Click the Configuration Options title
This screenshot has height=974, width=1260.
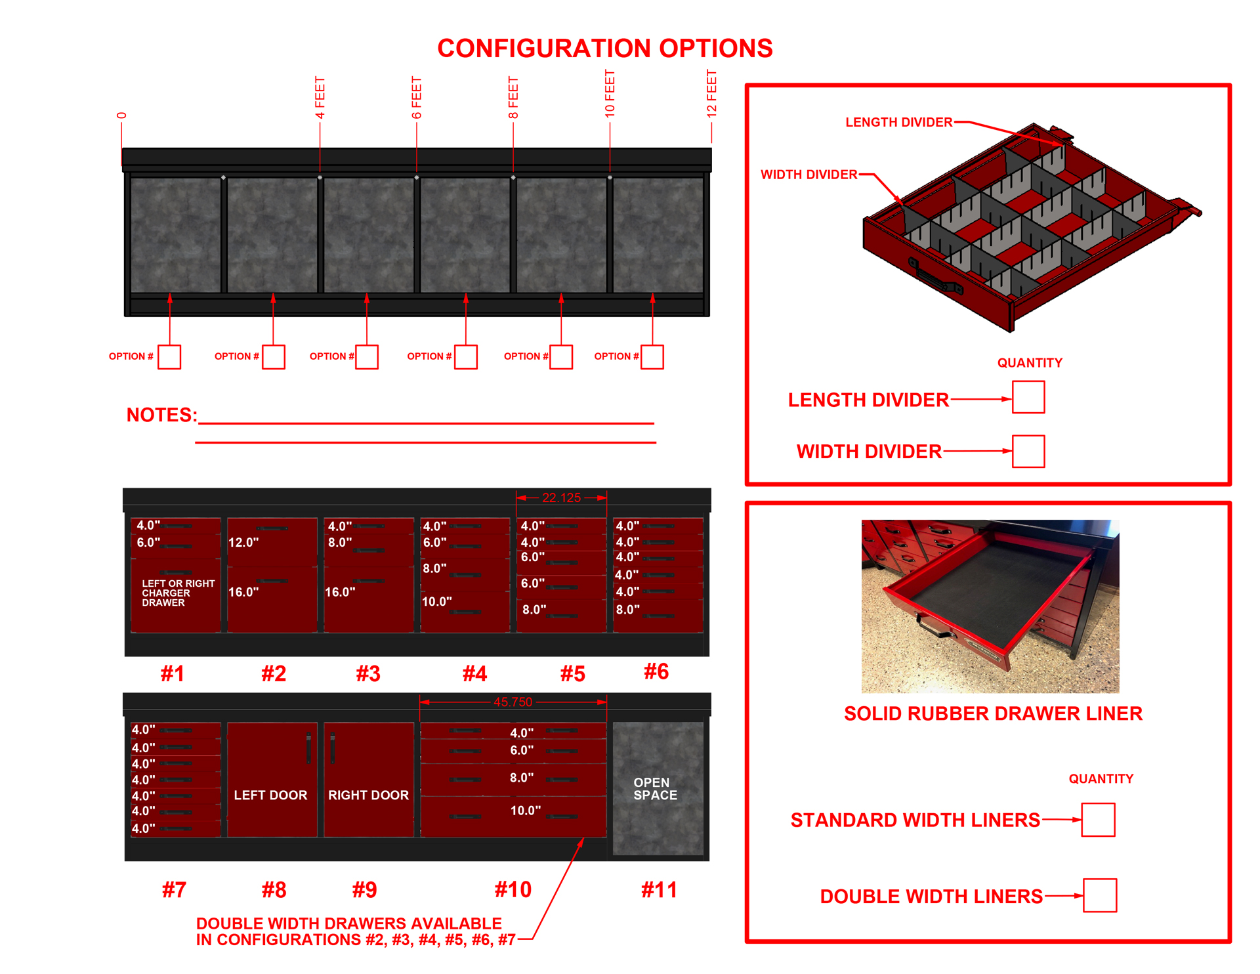(x=604, y=49)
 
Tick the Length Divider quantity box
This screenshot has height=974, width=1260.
(x=1028, y=397)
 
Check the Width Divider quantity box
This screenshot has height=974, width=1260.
(x=1028, y=452)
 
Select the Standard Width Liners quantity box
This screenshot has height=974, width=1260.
(x=1098, y=820)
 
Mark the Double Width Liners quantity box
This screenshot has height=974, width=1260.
(x=1099, y=895)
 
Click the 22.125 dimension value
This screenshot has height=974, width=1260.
(x=561, y=498)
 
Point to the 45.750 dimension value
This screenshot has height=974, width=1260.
(x=513, y=702)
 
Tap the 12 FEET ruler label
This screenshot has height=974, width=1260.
(x=712, y=93)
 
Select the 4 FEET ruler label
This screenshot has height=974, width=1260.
(x=320, y=97)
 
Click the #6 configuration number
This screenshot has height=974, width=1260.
(x=656, y=671)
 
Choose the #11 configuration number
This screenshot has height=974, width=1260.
(x=658, y=890)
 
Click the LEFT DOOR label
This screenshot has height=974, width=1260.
(x=270, y=795)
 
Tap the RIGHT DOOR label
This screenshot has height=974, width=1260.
(x=368, y=795)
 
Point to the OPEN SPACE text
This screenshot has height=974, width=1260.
(x=654, y=789)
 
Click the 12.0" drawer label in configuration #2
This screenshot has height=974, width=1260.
(x=243, y=543)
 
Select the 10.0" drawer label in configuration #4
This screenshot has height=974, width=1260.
(x=436, y=602)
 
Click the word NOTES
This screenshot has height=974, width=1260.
(x=161, y=415)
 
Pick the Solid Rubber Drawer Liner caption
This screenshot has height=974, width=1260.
(x=993, y=713)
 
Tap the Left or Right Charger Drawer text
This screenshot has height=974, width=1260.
(x=178, y=593)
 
